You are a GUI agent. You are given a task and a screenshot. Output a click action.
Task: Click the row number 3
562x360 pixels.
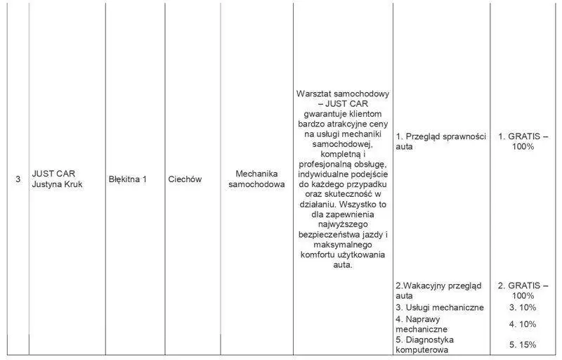point(18,179)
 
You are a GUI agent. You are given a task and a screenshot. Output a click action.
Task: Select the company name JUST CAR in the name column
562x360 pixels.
point(53,174)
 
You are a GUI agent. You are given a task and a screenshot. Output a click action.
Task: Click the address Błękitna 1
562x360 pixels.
point(128,179)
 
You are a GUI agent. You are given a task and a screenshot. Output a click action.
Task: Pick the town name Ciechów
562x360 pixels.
point(185,179)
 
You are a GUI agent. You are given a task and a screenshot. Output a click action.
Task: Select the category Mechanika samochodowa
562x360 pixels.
point(256,179)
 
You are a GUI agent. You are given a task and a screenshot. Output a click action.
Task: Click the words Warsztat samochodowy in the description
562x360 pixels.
point(343,94)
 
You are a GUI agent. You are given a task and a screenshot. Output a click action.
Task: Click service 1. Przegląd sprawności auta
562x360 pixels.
point(440,141)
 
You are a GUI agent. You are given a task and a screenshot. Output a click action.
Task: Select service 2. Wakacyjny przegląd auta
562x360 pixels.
point(438,290)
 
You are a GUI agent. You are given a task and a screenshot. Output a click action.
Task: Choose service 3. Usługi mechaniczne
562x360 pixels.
point(440,307)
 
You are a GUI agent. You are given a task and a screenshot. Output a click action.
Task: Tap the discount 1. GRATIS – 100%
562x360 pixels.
point(523,141)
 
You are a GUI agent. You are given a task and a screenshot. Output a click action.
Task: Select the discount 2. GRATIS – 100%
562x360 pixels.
point(523,290)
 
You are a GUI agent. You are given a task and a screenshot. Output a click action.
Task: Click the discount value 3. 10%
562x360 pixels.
point(523,307)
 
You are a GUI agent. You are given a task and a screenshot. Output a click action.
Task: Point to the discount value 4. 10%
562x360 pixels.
point(523,324)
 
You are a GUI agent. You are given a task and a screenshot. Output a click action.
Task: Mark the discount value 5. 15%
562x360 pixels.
point(523,345)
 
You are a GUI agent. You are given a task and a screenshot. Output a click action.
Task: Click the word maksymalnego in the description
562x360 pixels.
point(342,244)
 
